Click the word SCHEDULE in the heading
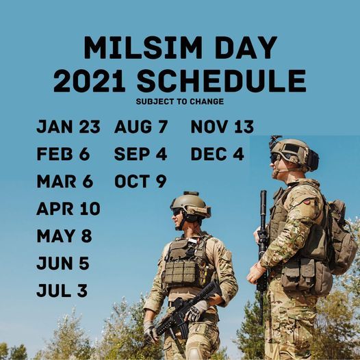coord(220,81)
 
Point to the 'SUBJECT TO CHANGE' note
coord(179,102)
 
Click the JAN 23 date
coord(68,127)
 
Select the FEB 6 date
coord(63,154)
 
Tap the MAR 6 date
coord(64,181)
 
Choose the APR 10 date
coord(68,209)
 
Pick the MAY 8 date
coord(64,236)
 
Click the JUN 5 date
coord(63,263)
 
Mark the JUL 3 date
coord(62,291)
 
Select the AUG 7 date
coord(140,127)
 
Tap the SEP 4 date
coord(141,154)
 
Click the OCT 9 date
coord(140,181)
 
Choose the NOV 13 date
coord(222,127)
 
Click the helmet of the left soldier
coord(191,205)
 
